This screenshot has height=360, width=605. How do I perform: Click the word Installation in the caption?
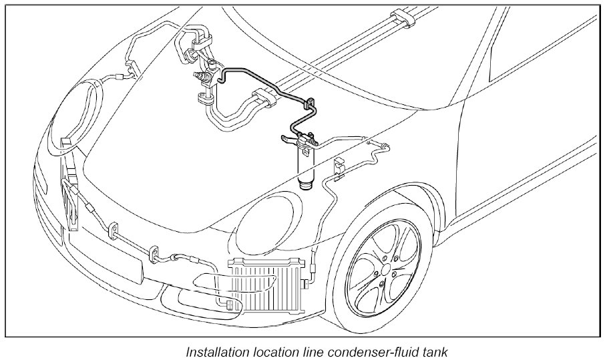tap(216, 351)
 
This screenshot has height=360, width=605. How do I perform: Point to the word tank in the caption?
tap(433, 351)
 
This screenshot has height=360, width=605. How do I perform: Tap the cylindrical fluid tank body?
tap(307, 164)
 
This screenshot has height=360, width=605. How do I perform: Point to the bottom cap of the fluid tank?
tap(306, 184)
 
